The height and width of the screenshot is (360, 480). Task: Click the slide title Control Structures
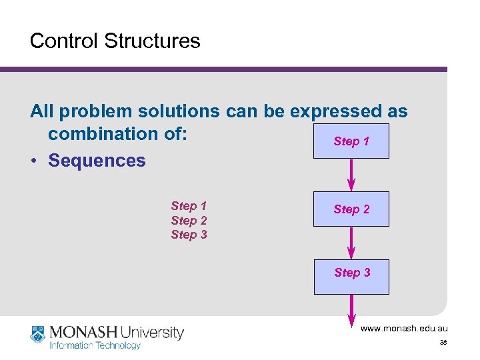[x=115, y=41]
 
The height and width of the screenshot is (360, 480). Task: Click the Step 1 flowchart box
[x=351, y=141]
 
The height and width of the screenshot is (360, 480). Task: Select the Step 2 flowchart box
[x=351, y=209]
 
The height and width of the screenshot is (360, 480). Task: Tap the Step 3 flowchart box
[x=351, y=273]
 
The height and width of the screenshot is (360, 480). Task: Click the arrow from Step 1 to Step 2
[x=352, y=175]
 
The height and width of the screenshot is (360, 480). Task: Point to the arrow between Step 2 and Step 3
[x=352, y=243]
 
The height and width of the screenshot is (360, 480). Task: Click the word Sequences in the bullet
[x=97, y=161]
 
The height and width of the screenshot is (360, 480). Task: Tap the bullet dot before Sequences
[x=34, y=161]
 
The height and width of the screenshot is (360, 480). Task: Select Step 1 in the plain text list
[x=189, y=206]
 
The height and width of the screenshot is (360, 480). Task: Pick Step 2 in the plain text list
[x=189, y=221]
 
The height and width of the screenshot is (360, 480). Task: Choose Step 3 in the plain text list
[x=189, y=235]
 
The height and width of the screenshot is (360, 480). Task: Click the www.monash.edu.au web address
[x=404, y=329]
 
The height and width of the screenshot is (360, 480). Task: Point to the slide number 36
[x=443, y=343]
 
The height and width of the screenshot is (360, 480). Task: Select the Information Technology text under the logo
[x=95, y=345]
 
